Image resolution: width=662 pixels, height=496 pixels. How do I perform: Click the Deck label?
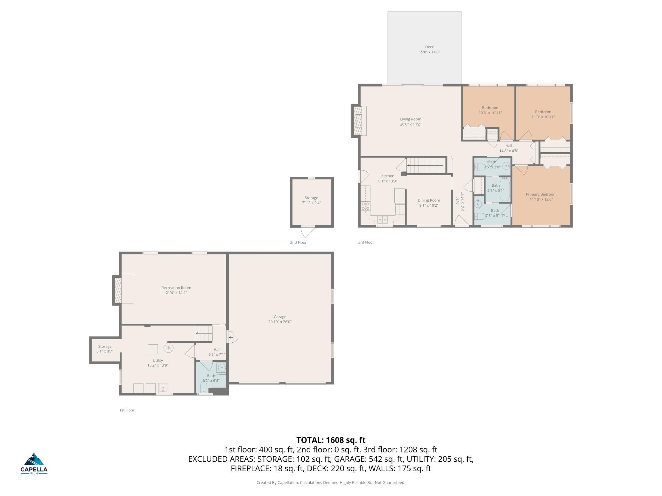(x=429, y=47)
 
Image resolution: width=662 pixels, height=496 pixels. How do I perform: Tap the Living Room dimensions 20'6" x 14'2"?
(x=411, y=124)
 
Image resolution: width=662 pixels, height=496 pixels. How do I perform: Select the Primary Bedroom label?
(x=541, y=194)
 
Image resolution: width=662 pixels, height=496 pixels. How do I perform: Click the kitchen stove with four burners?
(x=365, y=206)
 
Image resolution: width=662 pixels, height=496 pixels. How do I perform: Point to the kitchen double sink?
(x=382, y=219)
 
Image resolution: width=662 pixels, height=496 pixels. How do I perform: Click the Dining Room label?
(x=429, y=200)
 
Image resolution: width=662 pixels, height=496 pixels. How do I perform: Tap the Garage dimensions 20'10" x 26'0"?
(x=280, y=322)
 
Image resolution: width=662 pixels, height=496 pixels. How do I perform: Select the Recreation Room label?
(x=176, y=288)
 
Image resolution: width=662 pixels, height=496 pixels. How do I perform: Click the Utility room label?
(x=158, y=360)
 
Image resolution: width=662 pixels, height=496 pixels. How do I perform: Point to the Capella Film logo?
(x=34, y=464)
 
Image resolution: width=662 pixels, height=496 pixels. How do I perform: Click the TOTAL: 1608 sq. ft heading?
(x=331, y=440)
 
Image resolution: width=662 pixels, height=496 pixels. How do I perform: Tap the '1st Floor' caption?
(x=127, y=410)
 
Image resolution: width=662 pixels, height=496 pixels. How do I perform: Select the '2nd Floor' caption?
(x=298, y=242)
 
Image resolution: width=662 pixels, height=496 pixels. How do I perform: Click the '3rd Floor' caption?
(x=366, y=242)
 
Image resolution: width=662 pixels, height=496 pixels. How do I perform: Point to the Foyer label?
(x=457, y=202)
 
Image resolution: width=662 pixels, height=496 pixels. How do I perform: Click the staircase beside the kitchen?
(x=425, y=166)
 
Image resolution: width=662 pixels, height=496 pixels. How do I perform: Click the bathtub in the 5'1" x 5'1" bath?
(x=504, y=189)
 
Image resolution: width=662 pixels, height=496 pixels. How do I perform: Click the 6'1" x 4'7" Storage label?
(x=105, y=347)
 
